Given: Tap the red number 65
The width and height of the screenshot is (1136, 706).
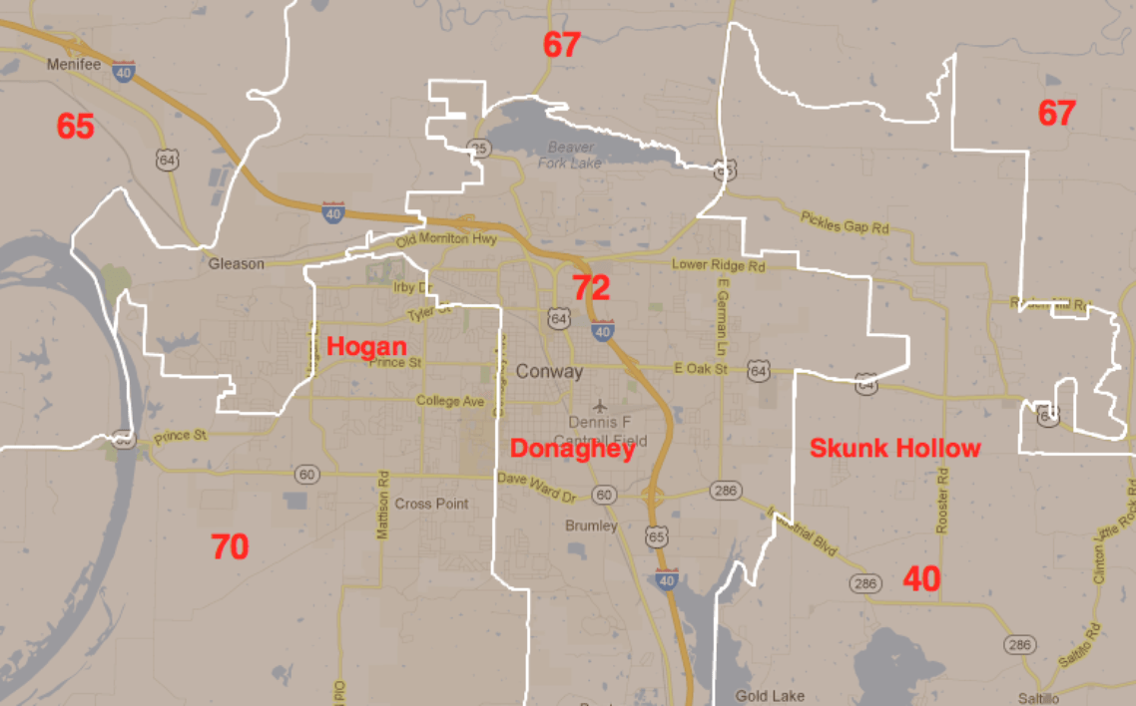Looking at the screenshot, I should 75,127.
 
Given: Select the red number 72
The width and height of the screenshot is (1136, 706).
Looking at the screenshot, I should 590,287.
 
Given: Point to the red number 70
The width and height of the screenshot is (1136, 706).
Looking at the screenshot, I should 230,546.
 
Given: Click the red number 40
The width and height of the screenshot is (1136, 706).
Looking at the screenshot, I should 921,578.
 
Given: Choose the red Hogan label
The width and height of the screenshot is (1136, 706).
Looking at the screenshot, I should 366,346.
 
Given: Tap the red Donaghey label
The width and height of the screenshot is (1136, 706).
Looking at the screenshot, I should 572,450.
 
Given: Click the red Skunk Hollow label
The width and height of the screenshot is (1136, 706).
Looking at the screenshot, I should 895,448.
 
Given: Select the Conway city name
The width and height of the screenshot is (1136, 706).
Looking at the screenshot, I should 549,372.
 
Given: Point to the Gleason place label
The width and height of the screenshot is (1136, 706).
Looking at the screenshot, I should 237,264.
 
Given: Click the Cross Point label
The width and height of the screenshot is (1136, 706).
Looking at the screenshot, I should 431,504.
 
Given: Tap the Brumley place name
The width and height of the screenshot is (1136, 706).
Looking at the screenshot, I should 591,526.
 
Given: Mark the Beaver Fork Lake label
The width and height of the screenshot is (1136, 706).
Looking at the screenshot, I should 570,155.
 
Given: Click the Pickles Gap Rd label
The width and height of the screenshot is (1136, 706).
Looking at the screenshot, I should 845,221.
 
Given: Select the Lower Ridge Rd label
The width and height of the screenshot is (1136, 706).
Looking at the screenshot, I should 718,266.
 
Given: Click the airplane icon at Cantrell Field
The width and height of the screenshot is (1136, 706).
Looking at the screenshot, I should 599,406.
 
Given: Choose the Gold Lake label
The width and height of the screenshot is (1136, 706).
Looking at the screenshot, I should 770,695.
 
